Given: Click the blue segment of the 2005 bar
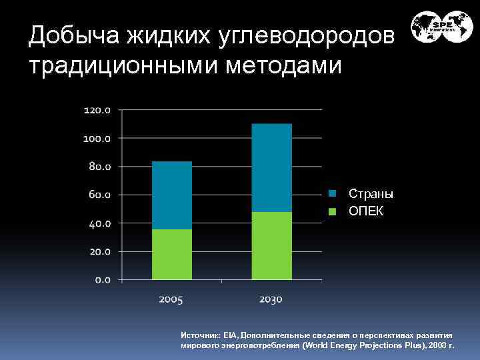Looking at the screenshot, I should (171, 195).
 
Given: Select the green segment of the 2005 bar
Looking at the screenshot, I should (171, 254).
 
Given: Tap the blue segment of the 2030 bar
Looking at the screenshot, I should (271, 167).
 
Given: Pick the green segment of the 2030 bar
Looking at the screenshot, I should (271, 245).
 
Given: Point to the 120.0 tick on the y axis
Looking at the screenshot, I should (97, 109).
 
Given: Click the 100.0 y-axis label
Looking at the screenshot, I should (97, 138).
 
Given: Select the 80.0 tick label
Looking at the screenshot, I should (99, 166).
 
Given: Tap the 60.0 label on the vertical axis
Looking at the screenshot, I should (99, 195).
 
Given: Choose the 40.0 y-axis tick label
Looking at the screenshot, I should (99, 223).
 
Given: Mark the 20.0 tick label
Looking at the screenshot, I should (99, 251).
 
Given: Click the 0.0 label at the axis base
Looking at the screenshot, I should (102, 279).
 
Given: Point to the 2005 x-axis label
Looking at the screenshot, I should (171, 299).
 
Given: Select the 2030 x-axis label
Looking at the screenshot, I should (271, 299).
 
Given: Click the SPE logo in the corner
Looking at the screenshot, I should (441, 27).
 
